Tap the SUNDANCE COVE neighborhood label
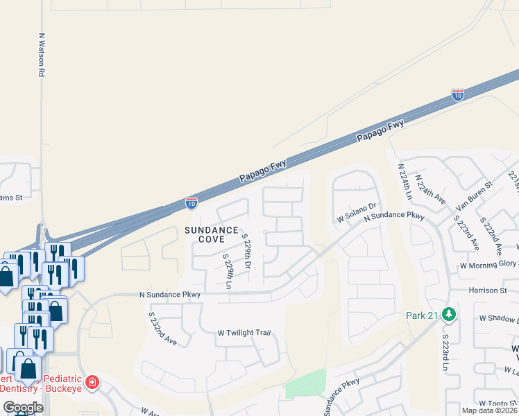coord(212,234)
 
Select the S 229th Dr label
coord(247,251)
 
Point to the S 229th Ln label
coord(227,272)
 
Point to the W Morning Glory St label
coord(488,266)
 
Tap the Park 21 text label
coord(423,315)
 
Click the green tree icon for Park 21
coord(449,315)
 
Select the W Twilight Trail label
coord(243,333)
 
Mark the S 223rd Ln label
coord(445,353)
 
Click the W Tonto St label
coord(496,403)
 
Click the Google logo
coord(24,408)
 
